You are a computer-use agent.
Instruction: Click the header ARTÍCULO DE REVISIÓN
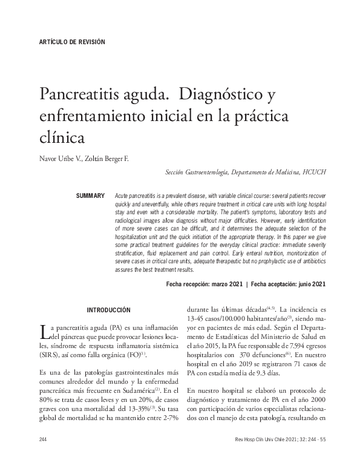coord(71,42)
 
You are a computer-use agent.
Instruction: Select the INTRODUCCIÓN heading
coord(108,310)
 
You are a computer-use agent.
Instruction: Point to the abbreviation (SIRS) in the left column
coord(50,355)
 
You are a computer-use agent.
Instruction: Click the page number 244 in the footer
coord(42,439)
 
